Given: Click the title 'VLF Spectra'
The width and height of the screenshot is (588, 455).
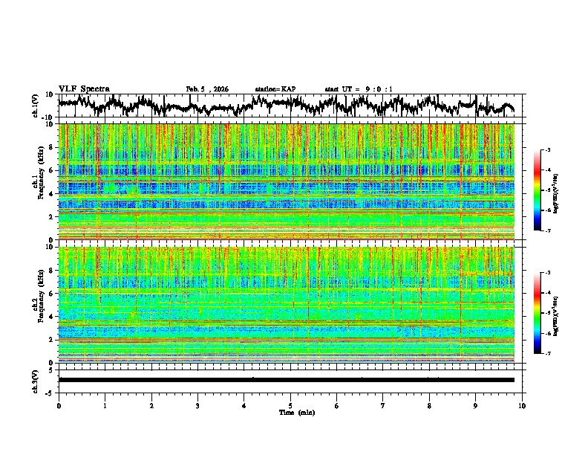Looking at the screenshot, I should click(x=84, y=88).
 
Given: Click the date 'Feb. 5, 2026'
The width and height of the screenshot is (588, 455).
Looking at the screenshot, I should click(x=207, y=89).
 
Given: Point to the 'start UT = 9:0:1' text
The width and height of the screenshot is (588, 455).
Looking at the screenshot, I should click(x=359, y=89).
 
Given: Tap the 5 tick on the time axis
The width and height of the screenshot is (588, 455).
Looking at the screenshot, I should click(x=290, y=404).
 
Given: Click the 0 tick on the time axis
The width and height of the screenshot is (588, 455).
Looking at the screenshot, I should click(x=59, y=404).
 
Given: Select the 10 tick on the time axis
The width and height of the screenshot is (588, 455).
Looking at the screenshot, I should click(x=522, y=404).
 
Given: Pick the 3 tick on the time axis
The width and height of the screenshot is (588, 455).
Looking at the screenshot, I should click(x=197, y=404).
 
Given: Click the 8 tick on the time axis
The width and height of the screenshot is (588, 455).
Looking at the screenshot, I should click(x=429, y=404).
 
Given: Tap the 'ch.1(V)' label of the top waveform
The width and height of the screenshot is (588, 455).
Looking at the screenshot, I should click(x=36, y=106).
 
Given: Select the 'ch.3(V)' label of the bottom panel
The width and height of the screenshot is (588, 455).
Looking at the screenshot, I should click(x=36, y=379).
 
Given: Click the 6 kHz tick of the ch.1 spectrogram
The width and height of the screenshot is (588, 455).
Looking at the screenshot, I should click(x=53, y=171).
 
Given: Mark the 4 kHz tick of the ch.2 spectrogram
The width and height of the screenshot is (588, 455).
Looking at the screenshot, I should click(x=53, y=317).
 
